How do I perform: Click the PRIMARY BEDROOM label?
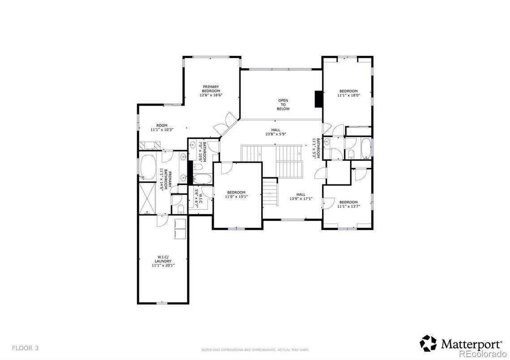tap(211, 89)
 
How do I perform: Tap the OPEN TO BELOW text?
tap(283, 104)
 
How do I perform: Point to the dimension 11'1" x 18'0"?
tap(348, 95)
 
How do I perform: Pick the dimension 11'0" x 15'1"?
tap(236, 196)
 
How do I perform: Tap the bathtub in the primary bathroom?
tap(147, 167)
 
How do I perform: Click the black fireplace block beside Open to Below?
tap(319, 99)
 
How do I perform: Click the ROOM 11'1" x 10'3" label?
tap(161, 127)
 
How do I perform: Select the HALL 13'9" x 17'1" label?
tap(301, 197)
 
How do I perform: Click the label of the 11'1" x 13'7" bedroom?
tap(348, 204)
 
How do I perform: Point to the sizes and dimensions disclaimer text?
tap(255, 350)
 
